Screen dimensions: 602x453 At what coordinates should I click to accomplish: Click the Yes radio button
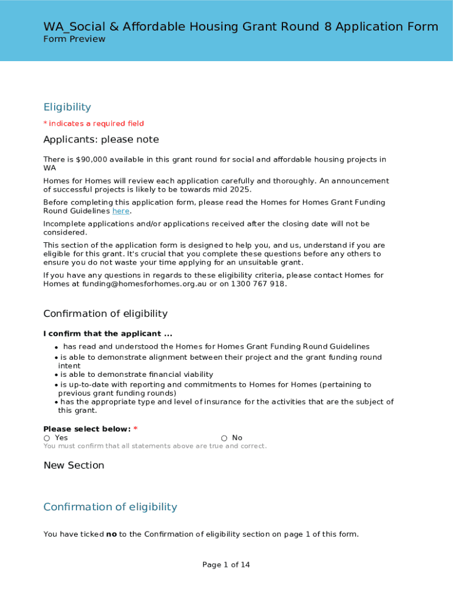[x=46, y=439]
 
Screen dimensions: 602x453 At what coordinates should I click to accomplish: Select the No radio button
[x=224, y=439]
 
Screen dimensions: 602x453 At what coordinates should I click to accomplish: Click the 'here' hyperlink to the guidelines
[x=121, y=211]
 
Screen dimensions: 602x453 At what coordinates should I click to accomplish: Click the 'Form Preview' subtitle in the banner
[x=74, y=39]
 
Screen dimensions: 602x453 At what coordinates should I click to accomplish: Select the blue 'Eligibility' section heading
[x=67, y=107]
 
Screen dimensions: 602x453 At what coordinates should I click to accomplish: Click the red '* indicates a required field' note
[x=94, y=123]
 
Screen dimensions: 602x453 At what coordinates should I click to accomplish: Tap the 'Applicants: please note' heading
[x=101, y=140]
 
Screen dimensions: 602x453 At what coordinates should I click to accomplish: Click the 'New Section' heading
[x=74, y=466]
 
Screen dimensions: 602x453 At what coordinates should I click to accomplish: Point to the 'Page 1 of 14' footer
[x=226, y=565]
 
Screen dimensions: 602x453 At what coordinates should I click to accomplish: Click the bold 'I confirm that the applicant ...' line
[x=108, y=334]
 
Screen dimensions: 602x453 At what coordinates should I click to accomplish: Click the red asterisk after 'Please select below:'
[x=135, y=429]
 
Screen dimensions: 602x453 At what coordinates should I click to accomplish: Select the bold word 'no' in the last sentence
[x=111, y=534]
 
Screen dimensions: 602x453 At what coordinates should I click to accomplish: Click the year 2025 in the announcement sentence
[x=240, y=189]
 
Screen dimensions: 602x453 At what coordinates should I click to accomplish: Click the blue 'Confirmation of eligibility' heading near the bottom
[x=110, y=507]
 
